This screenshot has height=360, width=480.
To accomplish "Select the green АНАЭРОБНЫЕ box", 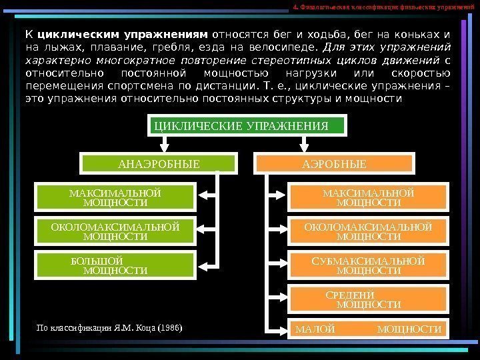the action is point(159,163).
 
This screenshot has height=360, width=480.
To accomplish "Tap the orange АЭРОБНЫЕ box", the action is point(335,163).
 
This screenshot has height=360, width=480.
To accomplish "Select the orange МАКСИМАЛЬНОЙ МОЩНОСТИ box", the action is point(368,197).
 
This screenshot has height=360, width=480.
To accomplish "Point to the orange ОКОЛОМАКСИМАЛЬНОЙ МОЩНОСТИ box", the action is point(368,231).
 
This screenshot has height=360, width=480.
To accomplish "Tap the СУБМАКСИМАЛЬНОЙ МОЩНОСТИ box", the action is point(368,265).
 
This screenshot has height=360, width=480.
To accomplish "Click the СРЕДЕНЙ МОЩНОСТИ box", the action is point(368,299).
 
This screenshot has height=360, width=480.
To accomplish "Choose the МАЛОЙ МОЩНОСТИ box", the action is point(368,329).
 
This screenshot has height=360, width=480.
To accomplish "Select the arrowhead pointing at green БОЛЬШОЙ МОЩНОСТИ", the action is point(205,263).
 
